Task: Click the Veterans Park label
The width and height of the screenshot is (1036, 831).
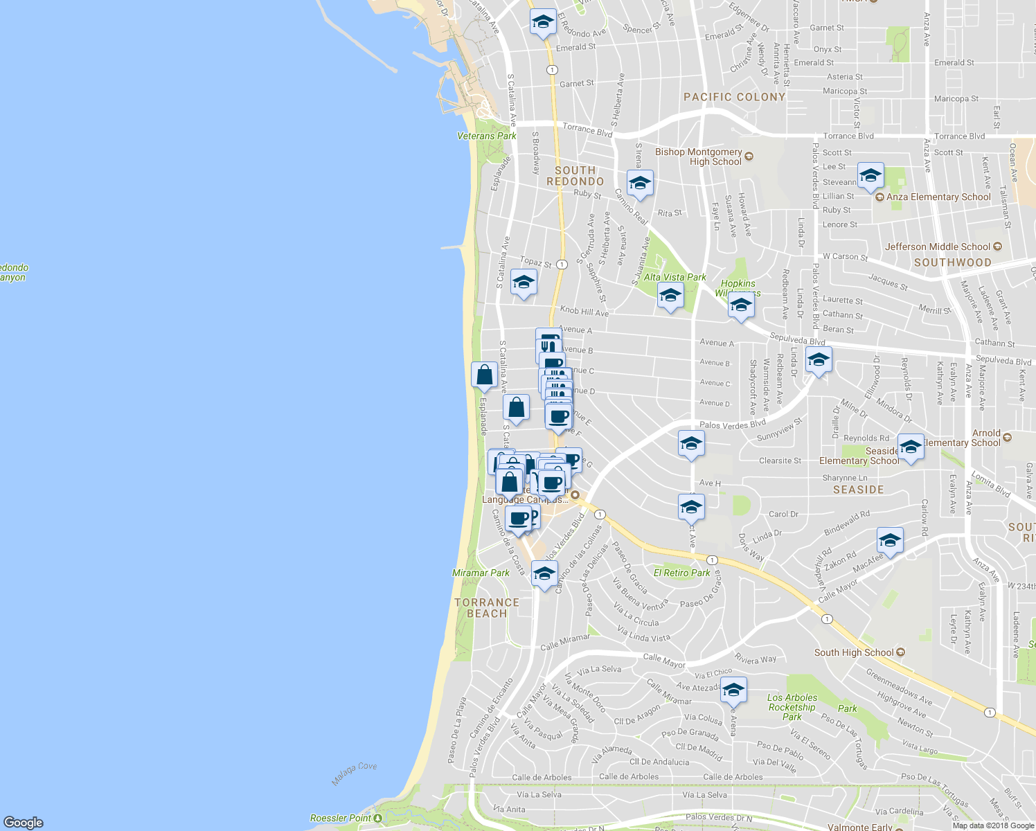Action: (486, 136)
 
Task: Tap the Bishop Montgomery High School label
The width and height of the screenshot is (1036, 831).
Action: (698, 157)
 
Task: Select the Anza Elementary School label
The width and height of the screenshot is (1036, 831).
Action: (938, 197)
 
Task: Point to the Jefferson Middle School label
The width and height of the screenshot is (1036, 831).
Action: (938, 247)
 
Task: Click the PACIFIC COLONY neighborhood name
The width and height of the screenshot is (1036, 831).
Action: (734, 97)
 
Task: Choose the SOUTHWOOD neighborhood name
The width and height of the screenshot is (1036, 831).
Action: (952, 262)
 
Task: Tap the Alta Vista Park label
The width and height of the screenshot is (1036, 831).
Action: (675, 277)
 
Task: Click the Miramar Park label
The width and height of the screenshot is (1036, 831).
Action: (481, 573)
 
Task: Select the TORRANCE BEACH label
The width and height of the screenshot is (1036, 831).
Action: (487, 608)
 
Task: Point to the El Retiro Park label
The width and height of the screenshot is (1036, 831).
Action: (681, 573)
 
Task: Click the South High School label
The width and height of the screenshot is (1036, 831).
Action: (854, 652)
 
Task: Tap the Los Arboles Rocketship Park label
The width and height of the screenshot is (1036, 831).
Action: (792, 707)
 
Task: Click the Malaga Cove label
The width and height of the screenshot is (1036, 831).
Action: (354, 774)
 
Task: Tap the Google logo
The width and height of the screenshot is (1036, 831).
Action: (23, 822)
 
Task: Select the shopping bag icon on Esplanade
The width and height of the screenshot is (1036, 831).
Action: (484, 375)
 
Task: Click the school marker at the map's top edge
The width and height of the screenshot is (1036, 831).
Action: (543, 21)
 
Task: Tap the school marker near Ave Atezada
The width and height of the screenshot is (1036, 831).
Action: (733, 690)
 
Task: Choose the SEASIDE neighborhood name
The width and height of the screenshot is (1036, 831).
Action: (858, 490)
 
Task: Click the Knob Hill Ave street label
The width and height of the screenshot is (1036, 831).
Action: (584, 312)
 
